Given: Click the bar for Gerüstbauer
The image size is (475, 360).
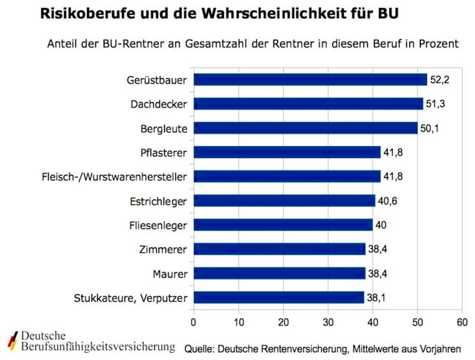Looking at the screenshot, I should [x=310, y=80].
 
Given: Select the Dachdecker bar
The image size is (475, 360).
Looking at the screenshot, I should [x=308, y=104].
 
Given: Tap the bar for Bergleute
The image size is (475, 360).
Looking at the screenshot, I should [x=306, y=128].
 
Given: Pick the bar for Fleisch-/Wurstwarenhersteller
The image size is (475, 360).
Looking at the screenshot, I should [x=287, y=176].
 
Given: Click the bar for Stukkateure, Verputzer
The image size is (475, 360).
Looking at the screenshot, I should [x=279, y=298].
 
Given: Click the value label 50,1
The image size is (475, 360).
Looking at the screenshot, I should [x=430, y=128].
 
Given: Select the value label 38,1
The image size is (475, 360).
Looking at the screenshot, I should [x=376, y=298].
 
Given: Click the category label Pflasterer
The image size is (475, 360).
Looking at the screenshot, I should [x=164, y=153].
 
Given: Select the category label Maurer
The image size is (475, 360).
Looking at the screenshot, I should [x=171, y=274].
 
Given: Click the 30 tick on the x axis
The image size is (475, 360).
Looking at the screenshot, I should [x=328, y=321].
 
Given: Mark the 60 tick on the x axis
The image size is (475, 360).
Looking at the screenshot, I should [x=462, y=321].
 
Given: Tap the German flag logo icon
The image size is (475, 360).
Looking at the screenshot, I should [x=12, y=341].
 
